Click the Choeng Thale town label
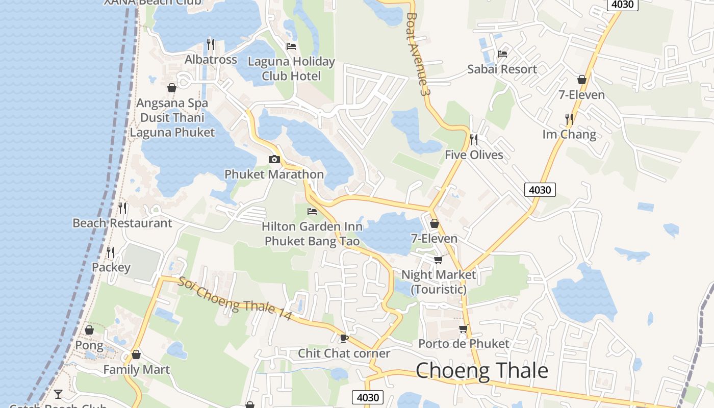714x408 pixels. pyautogui.click(x=482, y=371)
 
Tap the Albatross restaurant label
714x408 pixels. pyautogui.click(x=211, y=60)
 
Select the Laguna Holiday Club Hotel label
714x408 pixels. pyautogui.click(x=291, y=69)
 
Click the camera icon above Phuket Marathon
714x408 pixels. pyautogui.click(x=274, y=159)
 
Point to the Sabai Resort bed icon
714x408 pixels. pyautogui.click(x=502, y=54)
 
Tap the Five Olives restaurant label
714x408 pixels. pyautogui.click(x=474, y=155)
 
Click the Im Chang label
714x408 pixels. pyautogui.click(x=569, y=135)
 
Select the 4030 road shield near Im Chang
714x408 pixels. pyautogui.click(x=540, y=190)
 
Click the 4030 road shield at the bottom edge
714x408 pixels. pyautogui.click(x=367, y=397)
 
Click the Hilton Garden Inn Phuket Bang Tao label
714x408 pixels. pyautogui.click(x=312, y=234)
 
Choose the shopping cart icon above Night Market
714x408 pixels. pyautogui.click(x=438, y=260)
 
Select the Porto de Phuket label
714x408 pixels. pyautogui.click(x=464, y=344)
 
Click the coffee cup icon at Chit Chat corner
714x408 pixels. pyautogui.click(x=344, y=338)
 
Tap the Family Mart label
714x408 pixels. pyautogui.click(x=136, y=369)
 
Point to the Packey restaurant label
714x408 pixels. pyautogui.click(x=111, y=267)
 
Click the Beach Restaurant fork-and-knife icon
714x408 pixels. pyautogui.click(x=122, y=208)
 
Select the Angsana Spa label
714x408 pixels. pyautogui.click(x=172, y=103)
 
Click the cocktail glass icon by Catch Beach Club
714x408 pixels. pyautogui.click(x=58, y=394)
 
